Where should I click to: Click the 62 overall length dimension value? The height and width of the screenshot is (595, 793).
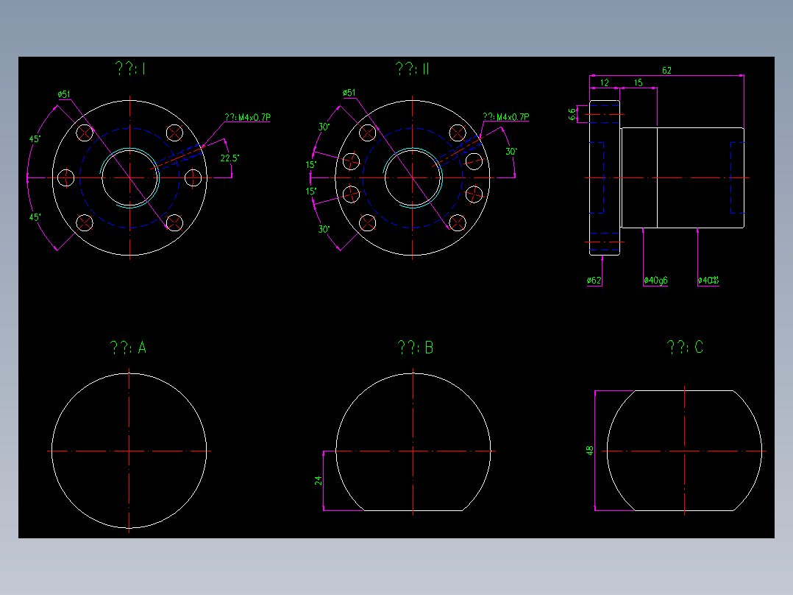coord(666,71)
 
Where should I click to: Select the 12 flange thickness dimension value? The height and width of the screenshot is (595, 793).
coord(604,83)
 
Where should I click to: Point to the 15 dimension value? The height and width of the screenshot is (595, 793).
coord(638,83)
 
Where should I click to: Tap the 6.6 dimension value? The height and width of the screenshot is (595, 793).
coord(572,113)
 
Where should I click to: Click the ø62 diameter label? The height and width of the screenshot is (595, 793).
coord(594,281)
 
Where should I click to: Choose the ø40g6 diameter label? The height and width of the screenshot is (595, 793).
coord(655,281)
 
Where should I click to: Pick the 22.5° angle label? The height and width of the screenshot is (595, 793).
coord(229,158)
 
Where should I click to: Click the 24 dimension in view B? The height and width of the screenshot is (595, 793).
coord(319,480)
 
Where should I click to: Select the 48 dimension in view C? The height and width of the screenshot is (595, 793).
coord(589,450)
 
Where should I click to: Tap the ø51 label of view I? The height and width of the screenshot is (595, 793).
coord(64,94)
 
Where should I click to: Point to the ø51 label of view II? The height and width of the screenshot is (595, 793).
coord(349,93)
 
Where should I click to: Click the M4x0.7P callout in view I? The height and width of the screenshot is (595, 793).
coord(248,117)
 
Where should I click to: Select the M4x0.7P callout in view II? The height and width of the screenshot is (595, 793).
coord(505,116)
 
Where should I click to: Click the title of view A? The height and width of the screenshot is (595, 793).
coord(128,348)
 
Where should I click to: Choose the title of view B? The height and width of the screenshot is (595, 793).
coord(415,348)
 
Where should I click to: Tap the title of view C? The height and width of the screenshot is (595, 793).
coord(685,348)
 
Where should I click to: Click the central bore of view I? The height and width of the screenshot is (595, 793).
coord(129,177)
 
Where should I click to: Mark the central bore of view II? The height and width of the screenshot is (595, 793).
coord(413,177)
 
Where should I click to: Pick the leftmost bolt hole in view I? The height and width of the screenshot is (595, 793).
coord(66,177)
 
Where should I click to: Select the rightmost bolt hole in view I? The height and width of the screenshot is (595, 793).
coord(193,177)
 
